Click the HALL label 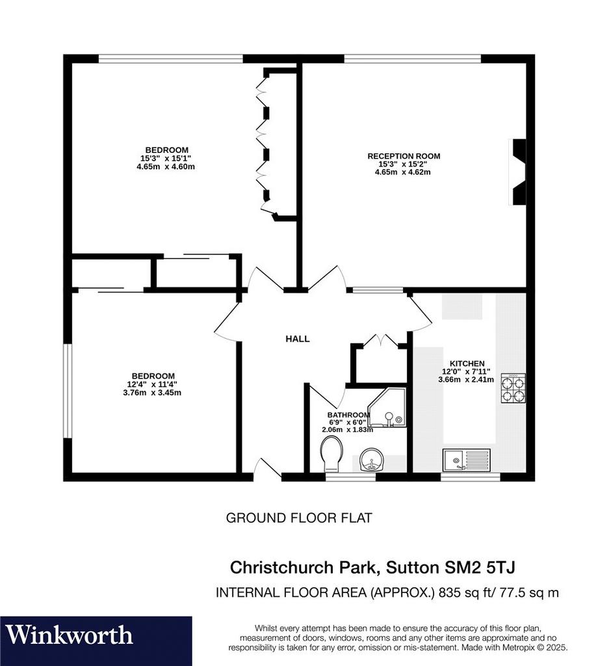coord(297,339)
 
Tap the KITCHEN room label coord(467,364)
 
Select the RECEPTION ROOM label coord(404,156)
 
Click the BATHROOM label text coord(348,415)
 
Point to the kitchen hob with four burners coord(513,388)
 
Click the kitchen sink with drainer coord(467,460)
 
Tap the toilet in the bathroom coord(331,455)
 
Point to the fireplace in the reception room coord(517,172)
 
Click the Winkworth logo coord(69,635)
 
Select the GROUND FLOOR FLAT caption coord(299,518)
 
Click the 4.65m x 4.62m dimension coord(402,172)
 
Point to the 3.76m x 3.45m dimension coord(152,392)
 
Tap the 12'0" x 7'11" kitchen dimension coord(466,371)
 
